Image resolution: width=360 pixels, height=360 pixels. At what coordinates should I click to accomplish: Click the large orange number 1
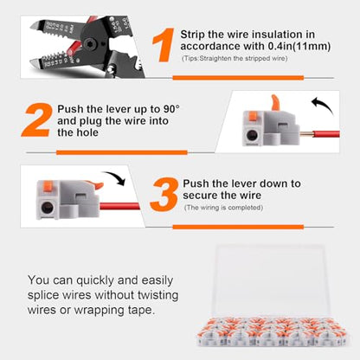click(x=164, y=45)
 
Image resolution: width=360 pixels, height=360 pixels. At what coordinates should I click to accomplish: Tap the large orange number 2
click(x=38, y=119)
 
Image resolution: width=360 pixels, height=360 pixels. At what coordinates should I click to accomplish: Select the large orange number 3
click(x=164, y=195)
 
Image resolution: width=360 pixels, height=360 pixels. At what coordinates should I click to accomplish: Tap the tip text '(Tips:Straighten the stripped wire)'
click(x=235, y=59)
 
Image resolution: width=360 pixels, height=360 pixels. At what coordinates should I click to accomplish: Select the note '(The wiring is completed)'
click(x=223, y=208)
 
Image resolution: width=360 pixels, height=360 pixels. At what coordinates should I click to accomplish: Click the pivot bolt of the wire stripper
click(x=89, y=43)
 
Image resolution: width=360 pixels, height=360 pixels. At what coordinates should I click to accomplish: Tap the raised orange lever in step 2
click(x=275, y=103)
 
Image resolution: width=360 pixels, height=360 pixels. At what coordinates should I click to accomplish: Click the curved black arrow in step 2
click(x=323, y=104)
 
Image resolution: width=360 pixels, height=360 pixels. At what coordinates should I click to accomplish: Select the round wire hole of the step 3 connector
click(x=48, y=208)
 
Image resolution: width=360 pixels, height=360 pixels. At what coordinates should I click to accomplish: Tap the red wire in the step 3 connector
click(x=119, y=207)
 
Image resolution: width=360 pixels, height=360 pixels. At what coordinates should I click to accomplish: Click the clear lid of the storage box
click(x=271, y=280)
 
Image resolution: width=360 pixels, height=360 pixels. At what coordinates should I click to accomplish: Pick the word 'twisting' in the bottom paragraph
click(x=157, y=295)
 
